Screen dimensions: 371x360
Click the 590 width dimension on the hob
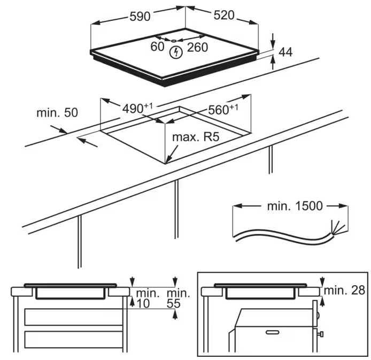click(x=140, y=17)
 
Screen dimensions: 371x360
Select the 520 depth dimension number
click(x=224, y=15)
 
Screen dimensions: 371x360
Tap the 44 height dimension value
click(x=285, y=52)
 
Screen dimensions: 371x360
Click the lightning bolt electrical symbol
click(x=176, y=52)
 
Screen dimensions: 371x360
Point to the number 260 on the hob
click(x=198, y=47)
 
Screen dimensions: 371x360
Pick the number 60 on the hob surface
click(x=157, y=47)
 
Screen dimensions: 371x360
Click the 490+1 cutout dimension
click(x=137, y=108)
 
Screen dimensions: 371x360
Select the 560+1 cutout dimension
click(x=223, y=109)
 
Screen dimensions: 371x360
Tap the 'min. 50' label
click(x=57, y=113)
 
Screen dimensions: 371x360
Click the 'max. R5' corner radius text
click(x=196, y=137)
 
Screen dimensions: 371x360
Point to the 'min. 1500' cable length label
click(x=295, y=206)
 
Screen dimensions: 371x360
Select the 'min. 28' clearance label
click(x=344, y=290)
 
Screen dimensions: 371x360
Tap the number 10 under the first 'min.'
click(x=143, y=303)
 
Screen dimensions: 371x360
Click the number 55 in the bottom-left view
click(x=174, y=303)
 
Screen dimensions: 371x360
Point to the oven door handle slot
click(x=273, y=332)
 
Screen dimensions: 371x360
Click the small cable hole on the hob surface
click(x=174, y=41)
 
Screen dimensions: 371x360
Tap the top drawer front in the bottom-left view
click(x=74, y=317)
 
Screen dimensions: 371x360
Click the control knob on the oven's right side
click(x=320, y=334)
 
